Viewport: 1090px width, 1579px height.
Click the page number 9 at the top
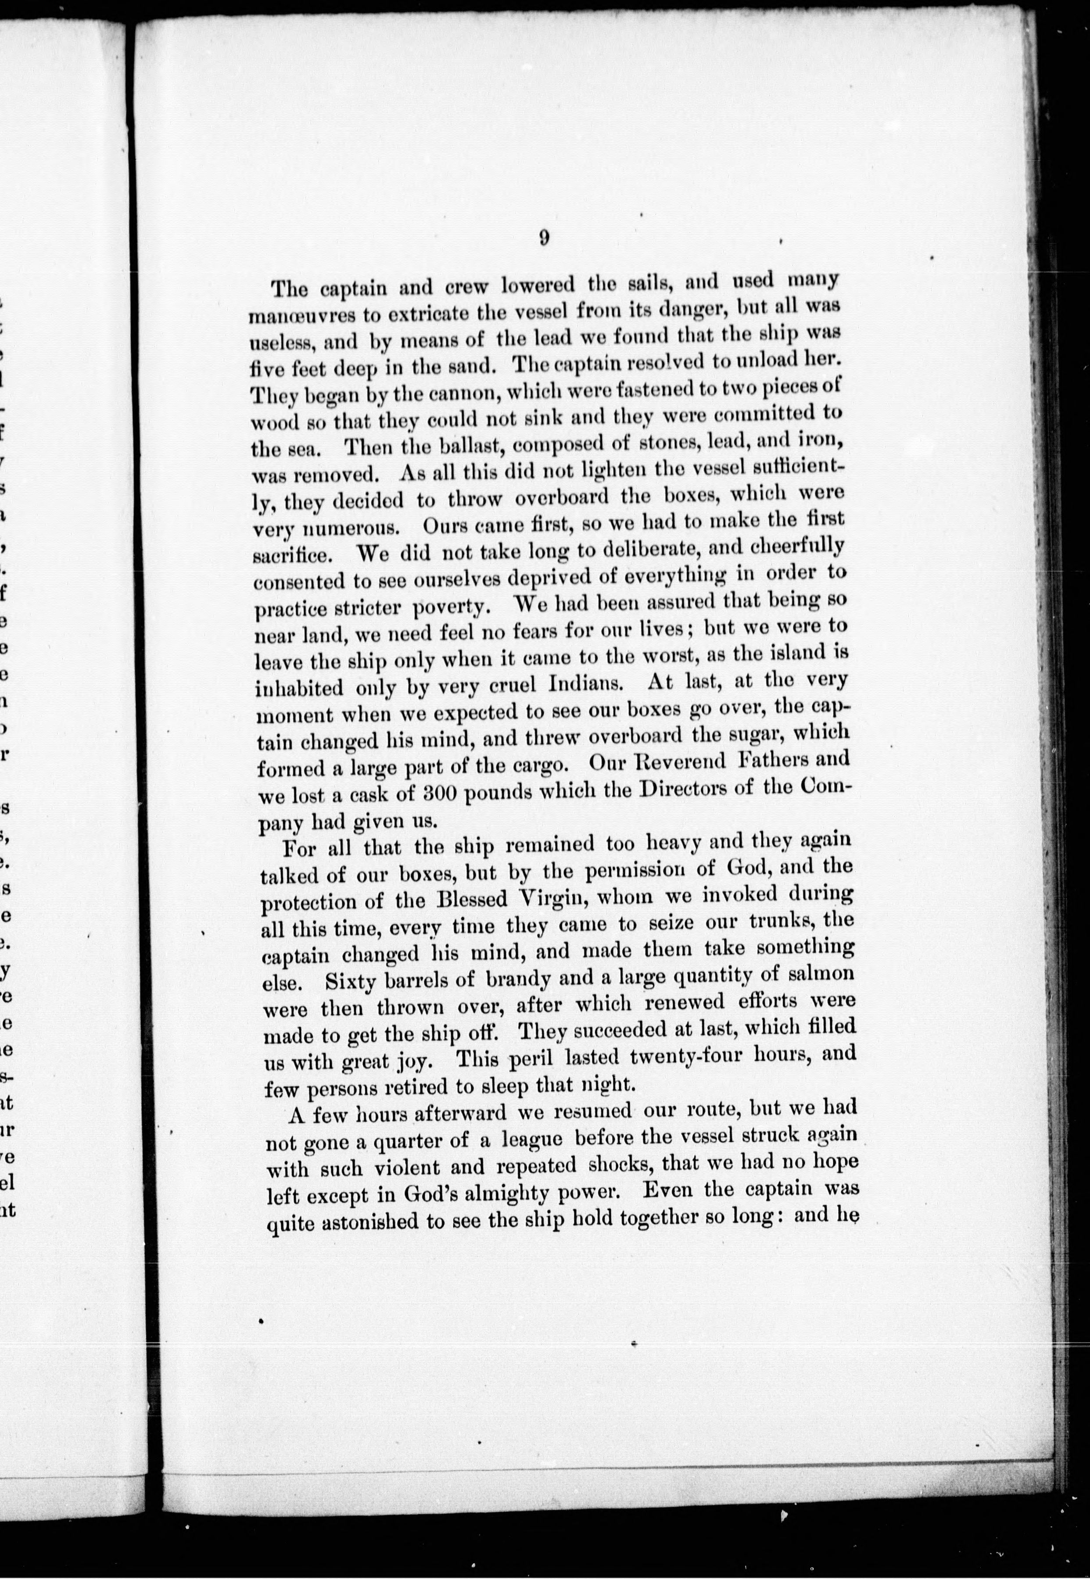click(544, 238)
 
